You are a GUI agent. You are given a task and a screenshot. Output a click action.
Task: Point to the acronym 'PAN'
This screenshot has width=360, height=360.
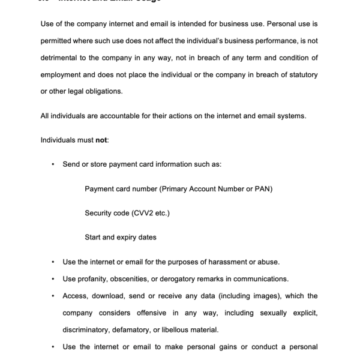pos(263,189)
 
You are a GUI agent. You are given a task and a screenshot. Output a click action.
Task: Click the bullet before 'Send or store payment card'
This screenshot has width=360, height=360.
pos(53,164)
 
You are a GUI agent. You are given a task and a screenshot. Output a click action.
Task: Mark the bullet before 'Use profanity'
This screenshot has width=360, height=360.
pos(53,279)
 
